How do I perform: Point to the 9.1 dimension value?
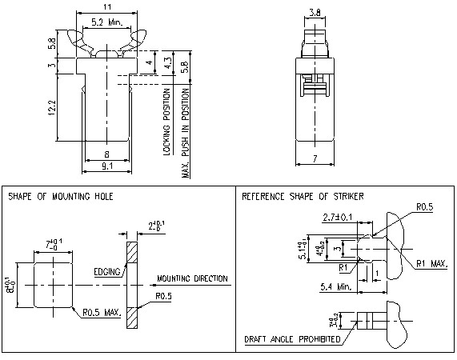[106, 166]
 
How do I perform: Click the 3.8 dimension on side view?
[314, 12]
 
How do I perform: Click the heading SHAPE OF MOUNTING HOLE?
[60, 196]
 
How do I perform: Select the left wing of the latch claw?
[78, 38]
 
